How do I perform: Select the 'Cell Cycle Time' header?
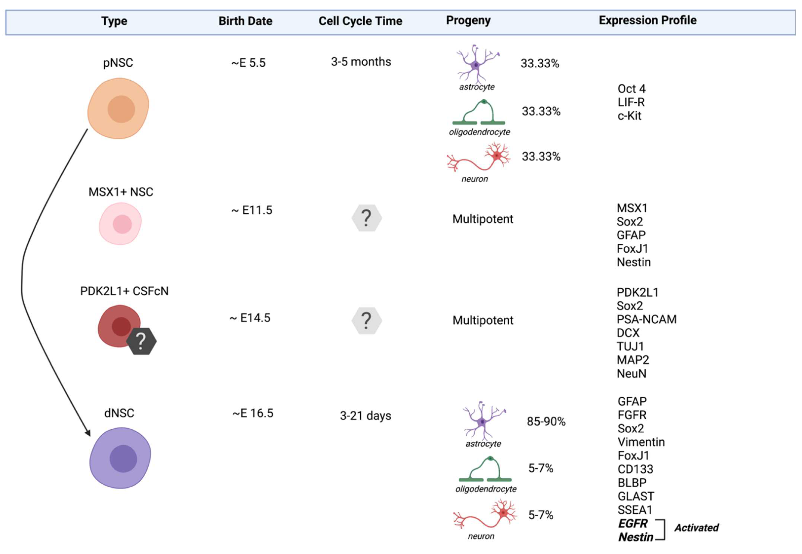coord(360,21)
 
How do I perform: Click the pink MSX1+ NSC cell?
coord(121,224)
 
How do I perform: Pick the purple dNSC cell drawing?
coord(121,458)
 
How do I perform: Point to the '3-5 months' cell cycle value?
coord(361,62)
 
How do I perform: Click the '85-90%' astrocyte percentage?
coord(546,421)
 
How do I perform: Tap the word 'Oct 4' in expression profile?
coord(631,89)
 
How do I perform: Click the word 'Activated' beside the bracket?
coord(696,528)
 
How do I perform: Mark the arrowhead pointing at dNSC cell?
coord(88,433)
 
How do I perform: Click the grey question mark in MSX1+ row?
coord(366,218)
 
